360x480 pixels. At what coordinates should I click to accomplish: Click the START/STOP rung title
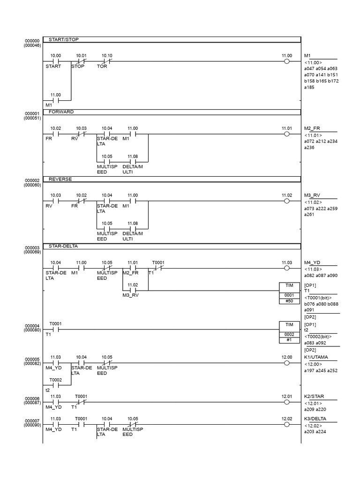64,40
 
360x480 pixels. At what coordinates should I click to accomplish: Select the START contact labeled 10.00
56,61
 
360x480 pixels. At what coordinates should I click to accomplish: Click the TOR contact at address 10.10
107,61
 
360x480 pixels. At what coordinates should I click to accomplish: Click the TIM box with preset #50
289,292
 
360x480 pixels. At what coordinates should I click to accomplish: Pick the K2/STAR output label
315,397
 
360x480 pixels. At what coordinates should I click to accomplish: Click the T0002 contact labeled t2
56,385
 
